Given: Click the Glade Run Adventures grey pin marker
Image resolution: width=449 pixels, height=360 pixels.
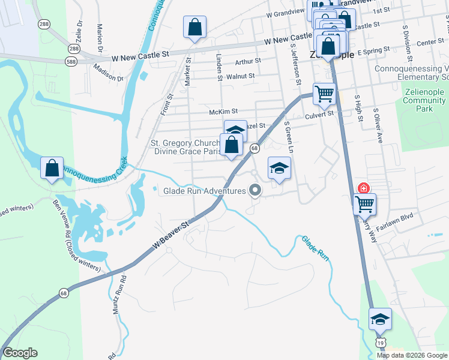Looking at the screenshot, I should coord(256,191).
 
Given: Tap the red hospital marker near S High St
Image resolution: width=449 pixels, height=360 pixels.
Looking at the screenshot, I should coord(363,188).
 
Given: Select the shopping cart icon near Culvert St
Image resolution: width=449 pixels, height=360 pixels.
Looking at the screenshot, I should coord(324,94).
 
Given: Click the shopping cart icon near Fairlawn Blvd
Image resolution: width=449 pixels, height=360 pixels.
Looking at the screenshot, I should coord(364,205).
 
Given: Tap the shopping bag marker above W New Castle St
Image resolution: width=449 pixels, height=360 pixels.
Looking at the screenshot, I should coord(194,27).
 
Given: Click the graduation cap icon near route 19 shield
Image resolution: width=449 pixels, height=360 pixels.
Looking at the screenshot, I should coord(380,319).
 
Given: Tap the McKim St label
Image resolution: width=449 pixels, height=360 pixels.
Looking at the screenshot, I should coord(224,112).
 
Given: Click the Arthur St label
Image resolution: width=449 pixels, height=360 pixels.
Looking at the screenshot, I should coord(248,61).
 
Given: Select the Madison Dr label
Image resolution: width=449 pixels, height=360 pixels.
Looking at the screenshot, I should coord(108,78).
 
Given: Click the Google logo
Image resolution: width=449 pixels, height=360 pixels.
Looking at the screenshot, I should coord(20,353).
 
